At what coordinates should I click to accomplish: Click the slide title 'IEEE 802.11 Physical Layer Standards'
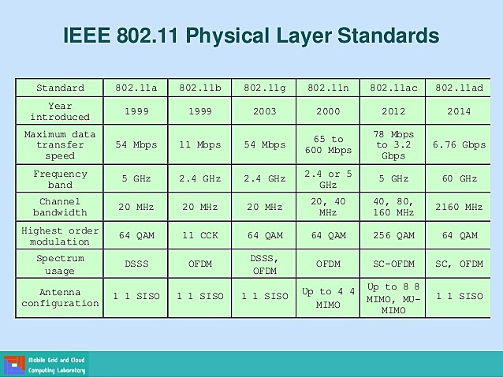click(x=251, y=36)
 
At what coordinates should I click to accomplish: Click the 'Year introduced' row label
click(x=60, y=111)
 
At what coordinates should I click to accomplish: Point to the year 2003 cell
click(x=264, y=111)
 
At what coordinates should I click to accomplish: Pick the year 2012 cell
click(x=392, y=111)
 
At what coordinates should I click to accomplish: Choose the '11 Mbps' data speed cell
click(x=200, y=144)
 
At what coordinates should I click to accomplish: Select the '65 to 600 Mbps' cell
click(x=328, y=144)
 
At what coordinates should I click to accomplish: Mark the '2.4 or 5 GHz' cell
click(x=328, y=178)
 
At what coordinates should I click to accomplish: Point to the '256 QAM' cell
click(x=392, y=235)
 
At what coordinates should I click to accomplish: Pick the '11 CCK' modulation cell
click(x=200, y=235)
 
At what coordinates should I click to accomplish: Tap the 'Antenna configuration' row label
click(x=60, y=298)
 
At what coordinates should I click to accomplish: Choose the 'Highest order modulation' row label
click(x=60, y=235)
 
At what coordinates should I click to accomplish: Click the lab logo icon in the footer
click(x=13, y=365)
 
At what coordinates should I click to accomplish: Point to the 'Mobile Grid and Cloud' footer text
click(x=57, y=360)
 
